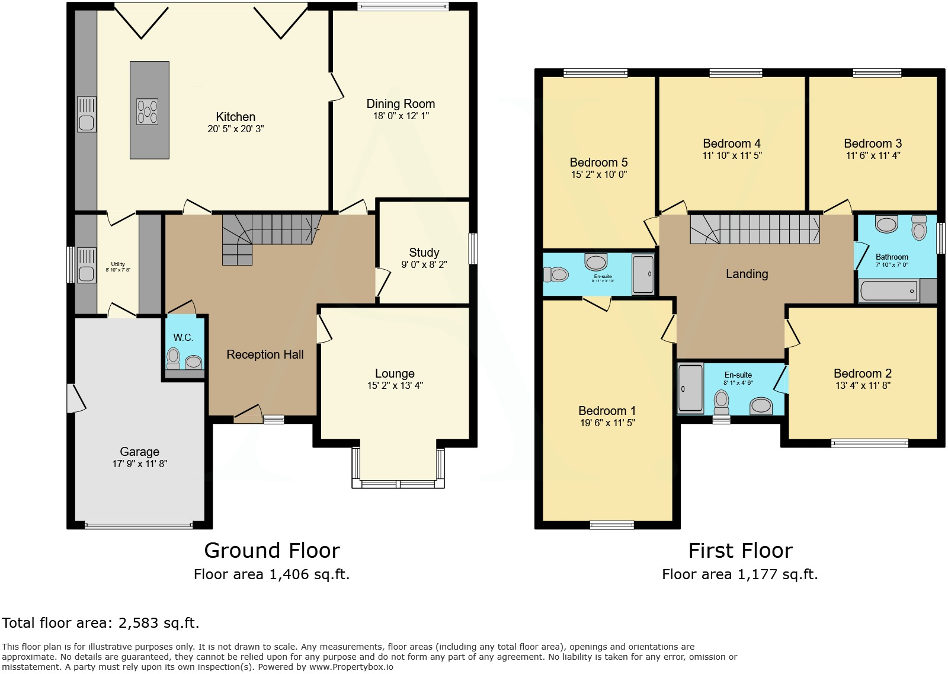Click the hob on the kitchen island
148,111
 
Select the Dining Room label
401,104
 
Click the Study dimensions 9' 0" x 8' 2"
424,265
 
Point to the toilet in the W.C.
173,357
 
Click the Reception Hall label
265,354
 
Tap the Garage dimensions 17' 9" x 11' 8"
139,464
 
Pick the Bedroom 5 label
598,162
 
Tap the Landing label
747,274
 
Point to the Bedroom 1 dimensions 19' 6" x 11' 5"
607,423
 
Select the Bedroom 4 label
731,143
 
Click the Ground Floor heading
272,551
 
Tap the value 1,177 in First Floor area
757,574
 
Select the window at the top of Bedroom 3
877,73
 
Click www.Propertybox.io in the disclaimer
351,667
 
